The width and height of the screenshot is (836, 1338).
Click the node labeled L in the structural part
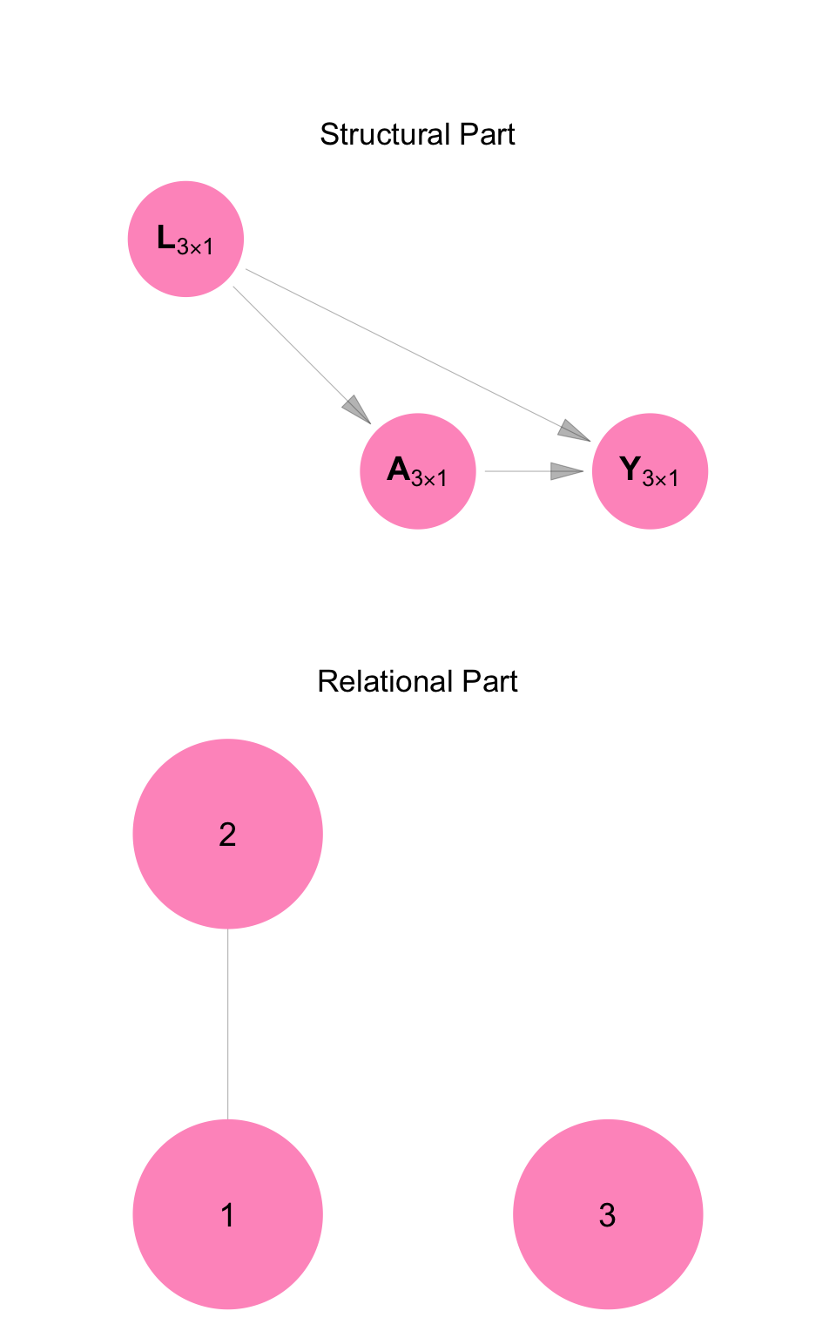[x=185, y=239]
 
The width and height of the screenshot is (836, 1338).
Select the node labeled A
[x=418, y=471]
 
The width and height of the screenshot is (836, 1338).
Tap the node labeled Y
[x=650, y=471]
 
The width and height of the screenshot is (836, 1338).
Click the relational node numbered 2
[x=227, y=834]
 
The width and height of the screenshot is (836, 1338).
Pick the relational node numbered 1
[x=227, y=1214]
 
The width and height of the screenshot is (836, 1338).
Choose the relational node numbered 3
[x=608, y=1214]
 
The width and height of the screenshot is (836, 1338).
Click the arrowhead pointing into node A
[x=357, y=409]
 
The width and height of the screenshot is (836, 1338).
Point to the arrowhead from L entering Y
[x=574, y=431]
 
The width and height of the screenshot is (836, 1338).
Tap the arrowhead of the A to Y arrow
[x=567, y=471]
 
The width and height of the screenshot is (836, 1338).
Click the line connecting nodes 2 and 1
[x=228, y=1024]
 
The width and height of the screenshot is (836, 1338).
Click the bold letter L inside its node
[x=165, y=237]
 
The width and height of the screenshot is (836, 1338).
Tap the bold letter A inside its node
[x=398, y=470]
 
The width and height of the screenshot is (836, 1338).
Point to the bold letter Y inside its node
[x=630, y=470]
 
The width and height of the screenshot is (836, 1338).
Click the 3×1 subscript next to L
[x=195, y=247]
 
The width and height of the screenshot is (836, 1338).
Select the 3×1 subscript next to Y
[x=660, y=478]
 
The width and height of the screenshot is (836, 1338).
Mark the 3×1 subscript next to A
[x=429, y=479]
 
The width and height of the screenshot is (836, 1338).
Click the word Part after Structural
[x=490, y=134]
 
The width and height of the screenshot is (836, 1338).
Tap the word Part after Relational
[x=492, y=681]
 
